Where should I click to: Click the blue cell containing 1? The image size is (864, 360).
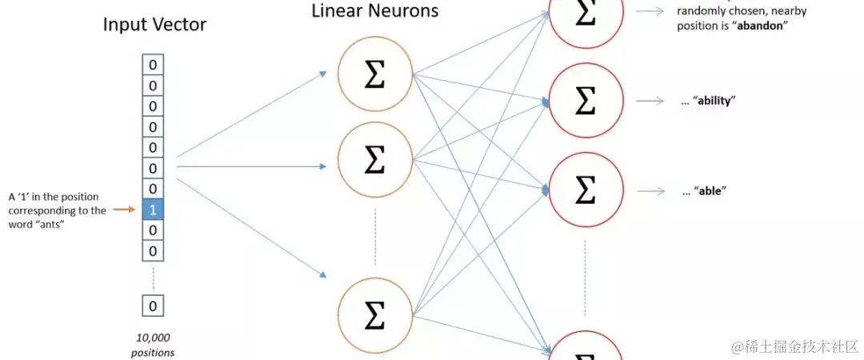point(154,210)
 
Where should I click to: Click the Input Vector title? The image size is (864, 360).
point(154,25)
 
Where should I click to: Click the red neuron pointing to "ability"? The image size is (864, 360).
point(585,102)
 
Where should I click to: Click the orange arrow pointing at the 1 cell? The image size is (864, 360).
point(124,210)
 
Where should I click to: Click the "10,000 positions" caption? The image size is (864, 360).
point(154,345)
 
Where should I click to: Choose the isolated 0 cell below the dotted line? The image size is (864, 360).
point(154,305)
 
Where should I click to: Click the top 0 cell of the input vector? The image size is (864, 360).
point(154,65)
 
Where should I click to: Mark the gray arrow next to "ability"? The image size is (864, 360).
point(650,101)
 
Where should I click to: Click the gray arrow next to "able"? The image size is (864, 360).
point(650,191)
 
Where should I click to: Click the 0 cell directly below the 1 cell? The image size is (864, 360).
point(154,231)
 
